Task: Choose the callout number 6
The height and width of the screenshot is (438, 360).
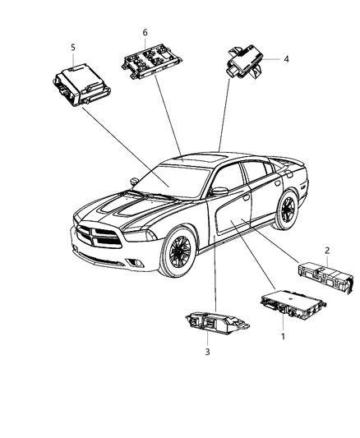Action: click(145, 32)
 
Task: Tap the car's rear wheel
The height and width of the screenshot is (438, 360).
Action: click(287, 210)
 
